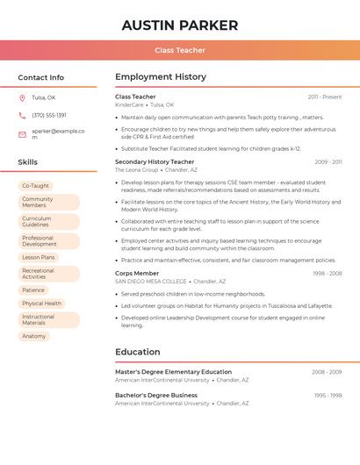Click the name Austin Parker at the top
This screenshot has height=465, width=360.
180,25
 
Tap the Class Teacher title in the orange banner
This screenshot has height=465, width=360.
180,50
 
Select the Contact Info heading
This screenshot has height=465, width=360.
41,77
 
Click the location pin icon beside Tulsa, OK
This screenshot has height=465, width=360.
22,97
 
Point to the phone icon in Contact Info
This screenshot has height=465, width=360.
22,115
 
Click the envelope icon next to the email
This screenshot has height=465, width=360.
22,134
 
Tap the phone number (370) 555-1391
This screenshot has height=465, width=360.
49,115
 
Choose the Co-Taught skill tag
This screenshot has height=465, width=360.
35,186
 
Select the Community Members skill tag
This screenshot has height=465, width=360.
38,202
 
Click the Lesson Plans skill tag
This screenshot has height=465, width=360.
39,258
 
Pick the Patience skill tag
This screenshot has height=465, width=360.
33,290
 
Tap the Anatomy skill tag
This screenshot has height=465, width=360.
33,336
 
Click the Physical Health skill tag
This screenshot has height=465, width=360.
41,304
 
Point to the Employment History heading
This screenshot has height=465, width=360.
161,77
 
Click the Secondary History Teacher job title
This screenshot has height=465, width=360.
155,162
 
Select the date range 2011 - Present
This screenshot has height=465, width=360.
325,97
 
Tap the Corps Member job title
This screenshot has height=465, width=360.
137,273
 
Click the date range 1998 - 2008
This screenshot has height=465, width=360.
327,273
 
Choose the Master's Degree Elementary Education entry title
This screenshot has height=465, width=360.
173,372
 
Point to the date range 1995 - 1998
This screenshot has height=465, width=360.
327,396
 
